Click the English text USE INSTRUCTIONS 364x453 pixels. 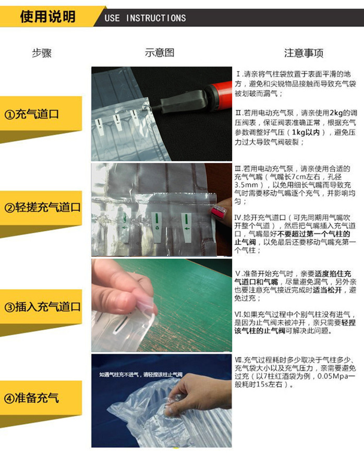[145, 18]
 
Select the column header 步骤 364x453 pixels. [42, 53]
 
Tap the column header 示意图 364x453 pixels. [159, 53]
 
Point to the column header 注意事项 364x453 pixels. [304, 53]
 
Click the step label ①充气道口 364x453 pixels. [32, 114]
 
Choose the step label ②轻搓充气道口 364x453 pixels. [43, 207]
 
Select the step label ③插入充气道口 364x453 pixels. [43, 306]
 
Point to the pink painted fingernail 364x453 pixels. [219, 211]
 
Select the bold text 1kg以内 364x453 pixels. [308, 132]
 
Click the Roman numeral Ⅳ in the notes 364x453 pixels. [240, 217]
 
